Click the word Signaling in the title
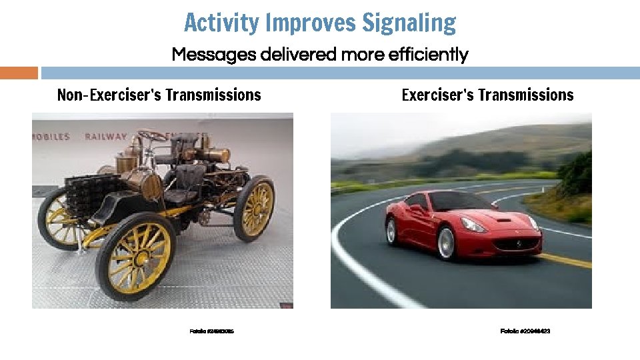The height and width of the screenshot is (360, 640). point(409,23)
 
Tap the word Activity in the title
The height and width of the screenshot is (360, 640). point(221,23)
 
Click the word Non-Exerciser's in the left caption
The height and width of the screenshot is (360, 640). point(109,95)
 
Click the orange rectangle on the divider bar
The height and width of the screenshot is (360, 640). point(19,73)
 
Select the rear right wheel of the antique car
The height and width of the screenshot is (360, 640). point(254,208)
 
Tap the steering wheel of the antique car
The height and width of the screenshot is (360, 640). point(153,135)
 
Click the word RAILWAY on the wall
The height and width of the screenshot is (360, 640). point(105,137)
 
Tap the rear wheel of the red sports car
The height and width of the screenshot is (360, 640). point(391,231)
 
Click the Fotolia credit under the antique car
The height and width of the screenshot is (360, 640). point(212,331)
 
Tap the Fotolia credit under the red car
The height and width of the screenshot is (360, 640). point(525,331)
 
